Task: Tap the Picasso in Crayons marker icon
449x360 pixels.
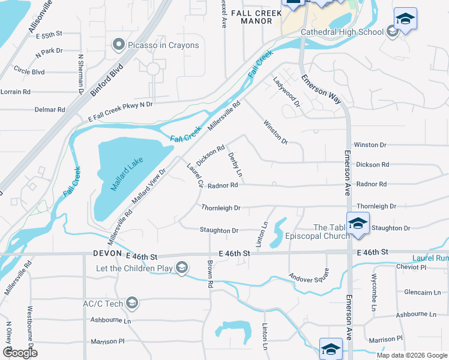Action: [x=118, y=44]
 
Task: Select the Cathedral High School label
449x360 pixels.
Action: [x=350, y=32]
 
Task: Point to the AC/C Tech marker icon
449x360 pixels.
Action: [x=133, y=303]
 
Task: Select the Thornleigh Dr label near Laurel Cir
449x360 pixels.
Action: [x=221, y=208]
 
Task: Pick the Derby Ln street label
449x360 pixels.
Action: [x=235, y=164]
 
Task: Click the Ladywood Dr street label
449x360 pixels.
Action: [x=286, y=92]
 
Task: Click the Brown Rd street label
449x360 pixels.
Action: [x=210, y=272]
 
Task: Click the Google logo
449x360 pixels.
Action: [x=20, y=352]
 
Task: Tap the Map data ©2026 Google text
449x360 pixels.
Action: [x=411, y=355]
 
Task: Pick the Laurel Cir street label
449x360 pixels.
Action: [x=195, y=175]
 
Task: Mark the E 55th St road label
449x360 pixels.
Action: [x=49, y=36]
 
